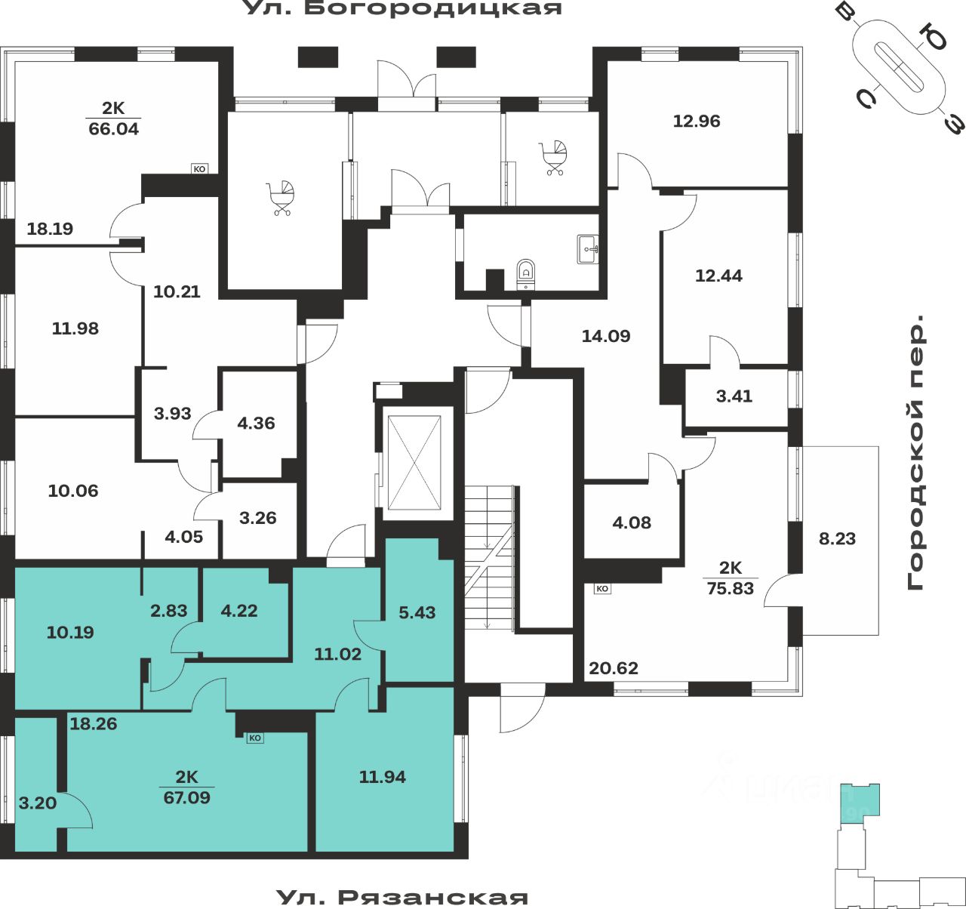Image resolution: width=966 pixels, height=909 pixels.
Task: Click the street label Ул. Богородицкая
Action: point(402,8)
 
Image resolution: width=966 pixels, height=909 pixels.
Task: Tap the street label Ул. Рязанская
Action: point(402,898)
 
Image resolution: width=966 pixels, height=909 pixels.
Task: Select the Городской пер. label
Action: point(916,453)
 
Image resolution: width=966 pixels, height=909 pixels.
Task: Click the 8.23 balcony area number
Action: point(837,539)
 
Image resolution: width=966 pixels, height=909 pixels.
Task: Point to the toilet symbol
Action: point(527,273)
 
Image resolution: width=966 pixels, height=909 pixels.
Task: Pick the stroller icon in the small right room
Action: point(555,157)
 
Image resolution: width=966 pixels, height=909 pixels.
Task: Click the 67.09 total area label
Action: point(186,797)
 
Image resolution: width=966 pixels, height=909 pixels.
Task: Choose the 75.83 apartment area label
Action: point(730,588)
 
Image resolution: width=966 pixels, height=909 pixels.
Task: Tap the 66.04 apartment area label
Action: point(114,128)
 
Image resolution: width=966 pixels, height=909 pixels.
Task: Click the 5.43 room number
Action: point(417,612)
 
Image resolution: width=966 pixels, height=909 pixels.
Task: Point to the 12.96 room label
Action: point(697,121)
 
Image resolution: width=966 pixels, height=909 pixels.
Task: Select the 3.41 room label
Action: point(734,396)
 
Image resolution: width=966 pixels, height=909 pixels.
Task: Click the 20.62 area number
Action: point(614,668)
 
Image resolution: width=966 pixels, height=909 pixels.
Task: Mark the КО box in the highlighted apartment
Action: point(255,738)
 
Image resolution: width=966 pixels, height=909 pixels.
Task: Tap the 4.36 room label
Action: point(256,423)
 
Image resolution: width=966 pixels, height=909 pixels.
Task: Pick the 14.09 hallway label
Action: point(605,336)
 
